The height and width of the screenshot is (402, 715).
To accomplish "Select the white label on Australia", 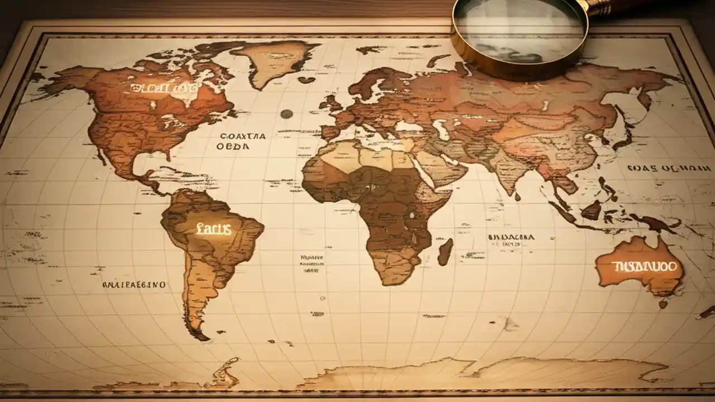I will (x=644, y=266).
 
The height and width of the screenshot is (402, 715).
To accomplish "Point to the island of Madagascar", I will (x=445, y=251).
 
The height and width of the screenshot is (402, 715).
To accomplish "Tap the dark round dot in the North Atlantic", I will (x=287, y=114).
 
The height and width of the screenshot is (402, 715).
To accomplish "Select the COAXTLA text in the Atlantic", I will (x=243, y=136).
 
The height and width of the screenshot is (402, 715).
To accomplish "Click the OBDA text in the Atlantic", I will (x=233, y=146).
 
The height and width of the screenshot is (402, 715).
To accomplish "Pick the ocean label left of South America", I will (x=134, y=285).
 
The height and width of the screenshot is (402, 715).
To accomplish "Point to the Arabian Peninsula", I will (x=441, y=167).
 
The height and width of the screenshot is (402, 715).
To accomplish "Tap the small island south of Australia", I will (x=663, y=304).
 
